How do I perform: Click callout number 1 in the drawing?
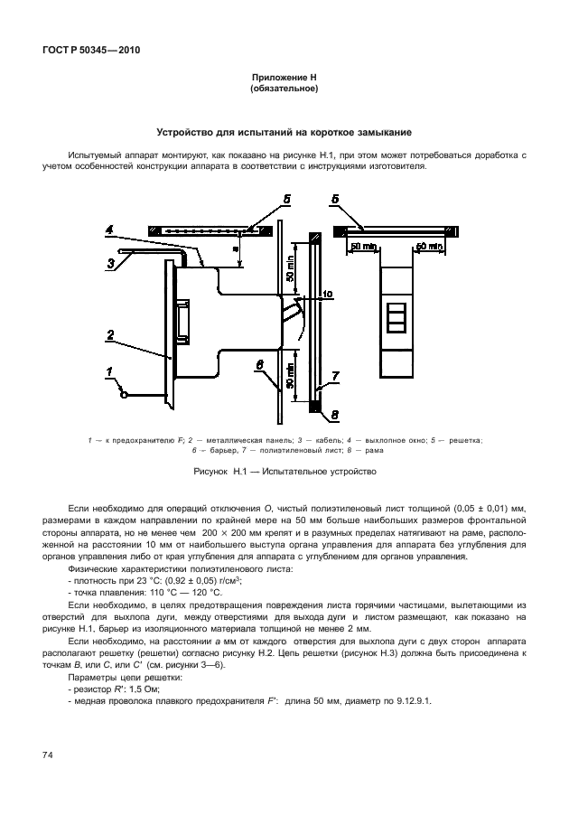[x=109, y=371]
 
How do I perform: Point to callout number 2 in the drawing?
[x=109, y=334]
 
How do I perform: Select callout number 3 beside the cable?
[x=110, y=263]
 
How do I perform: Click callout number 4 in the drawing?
[x=109, y=231]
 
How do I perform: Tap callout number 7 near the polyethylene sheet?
[x=333, y=374]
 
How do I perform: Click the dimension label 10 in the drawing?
[x=327, y=294]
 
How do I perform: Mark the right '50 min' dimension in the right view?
[x=428, y=246]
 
